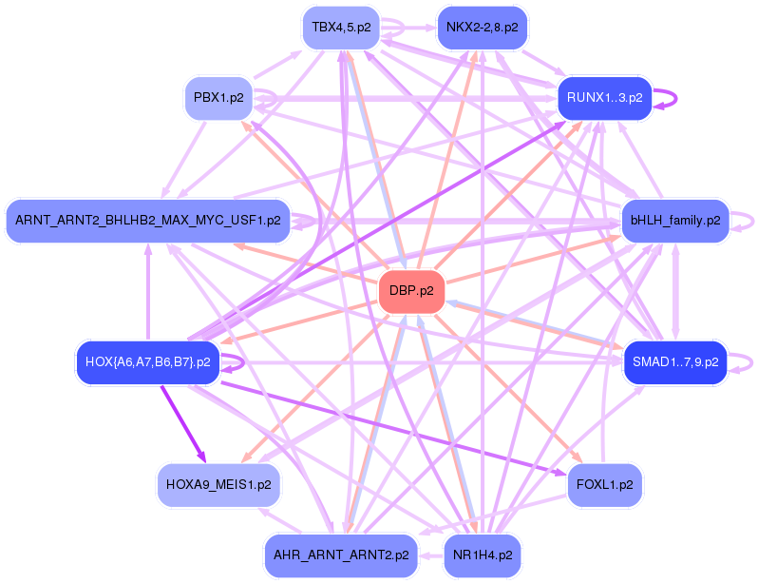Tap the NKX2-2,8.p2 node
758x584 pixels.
482,28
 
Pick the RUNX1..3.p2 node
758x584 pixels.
604,97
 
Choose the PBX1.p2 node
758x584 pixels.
218,97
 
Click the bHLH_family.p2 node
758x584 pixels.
674,221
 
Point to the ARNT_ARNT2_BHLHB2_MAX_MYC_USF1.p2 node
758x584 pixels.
148,221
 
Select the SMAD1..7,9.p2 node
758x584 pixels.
674,362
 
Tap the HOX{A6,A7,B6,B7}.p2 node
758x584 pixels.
147,362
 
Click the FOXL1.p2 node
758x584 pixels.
605,485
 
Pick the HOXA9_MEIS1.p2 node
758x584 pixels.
218,485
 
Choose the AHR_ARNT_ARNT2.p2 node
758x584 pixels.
341,555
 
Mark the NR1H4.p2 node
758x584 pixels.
482,555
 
